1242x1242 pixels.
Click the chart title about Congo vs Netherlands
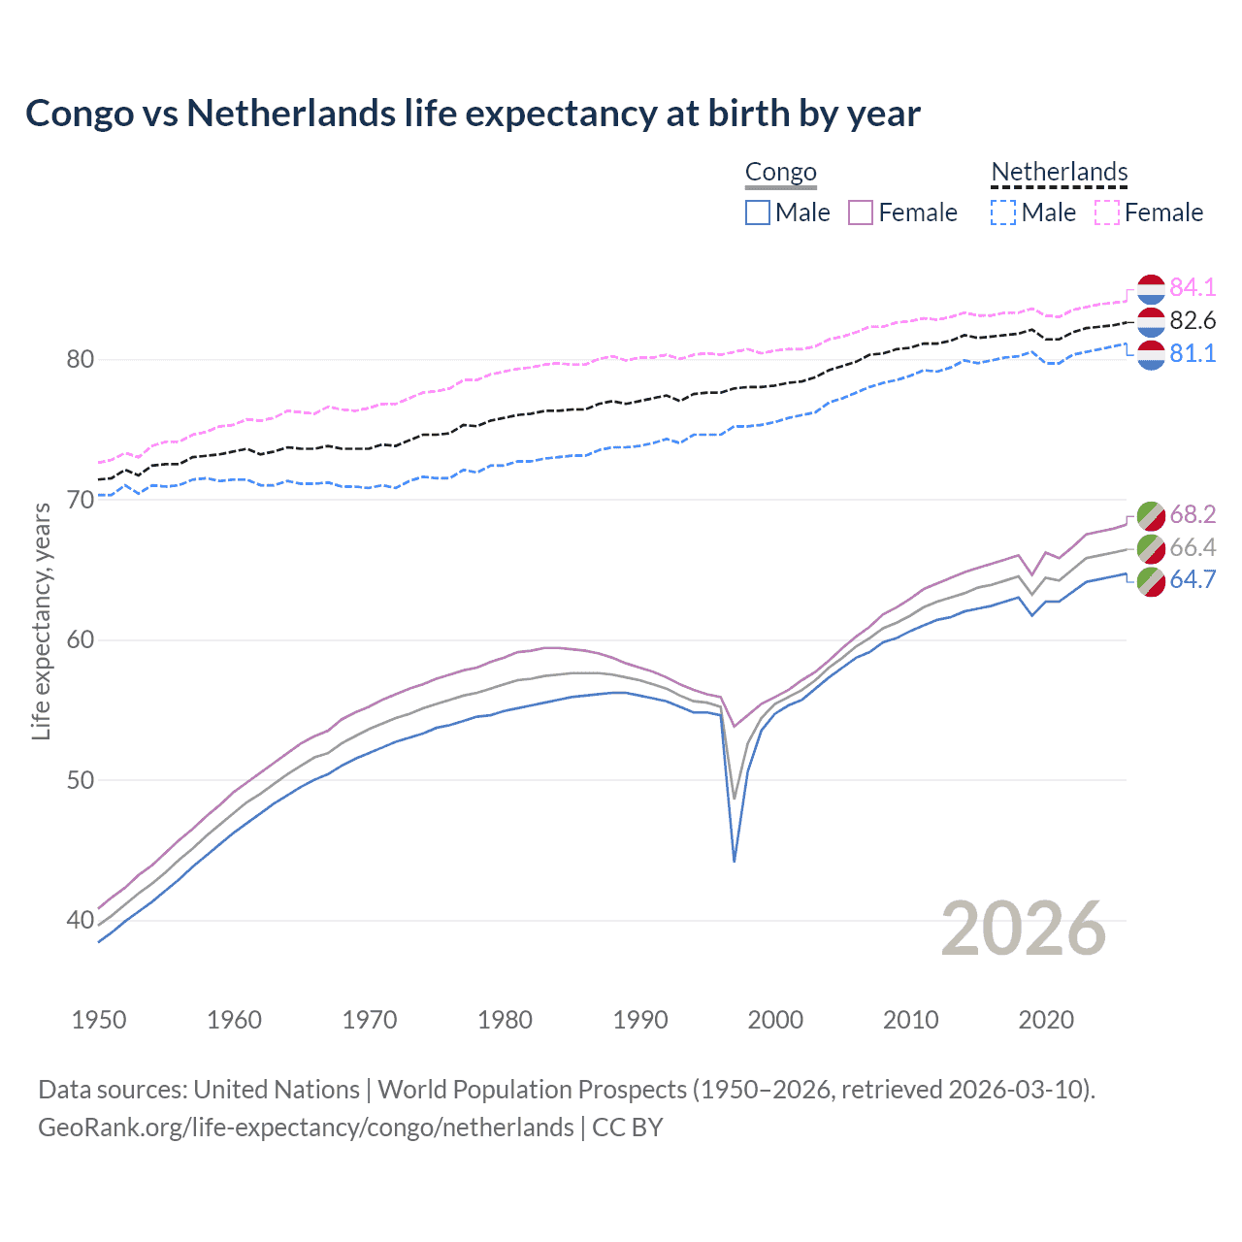[473, 114]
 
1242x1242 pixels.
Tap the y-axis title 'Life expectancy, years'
[41, 621]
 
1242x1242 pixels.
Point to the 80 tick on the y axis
[80, 359]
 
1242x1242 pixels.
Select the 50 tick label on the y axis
[80, 780]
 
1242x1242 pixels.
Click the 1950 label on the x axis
[99, 1020]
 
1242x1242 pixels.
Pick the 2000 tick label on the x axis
[775, 1020]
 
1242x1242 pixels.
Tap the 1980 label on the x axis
[505, 1020]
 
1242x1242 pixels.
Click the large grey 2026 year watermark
[1024, 929]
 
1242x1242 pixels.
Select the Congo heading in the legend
[781, 173]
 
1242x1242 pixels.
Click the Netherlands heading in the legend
[1060, 173]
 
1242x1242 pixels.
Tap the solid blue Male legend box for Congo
[758, 212]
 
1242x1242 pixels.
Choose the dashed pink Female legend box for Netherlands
[1107, 212]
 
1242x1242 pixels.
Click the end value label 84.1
[1193, 287]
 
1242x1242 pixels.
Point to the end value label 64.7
[1193, 580]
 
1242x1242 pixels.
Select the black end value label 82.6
[1193, 320]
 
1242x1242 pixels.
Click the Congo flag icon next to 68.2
[1151, 514]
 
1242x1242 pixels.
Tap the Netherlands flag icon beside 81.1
[1151, 354]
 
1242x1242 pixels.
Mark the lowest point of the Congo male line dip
[735, 861]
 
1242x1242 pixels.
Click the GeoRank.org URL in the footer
[306, 1128]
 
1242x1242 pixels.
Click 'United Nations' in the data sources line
[277, 1090]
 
